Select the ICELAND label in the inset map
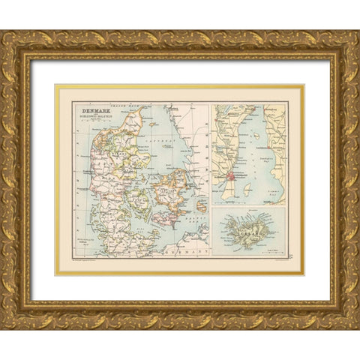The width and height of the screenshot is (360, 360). click(x=248, y=235)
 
